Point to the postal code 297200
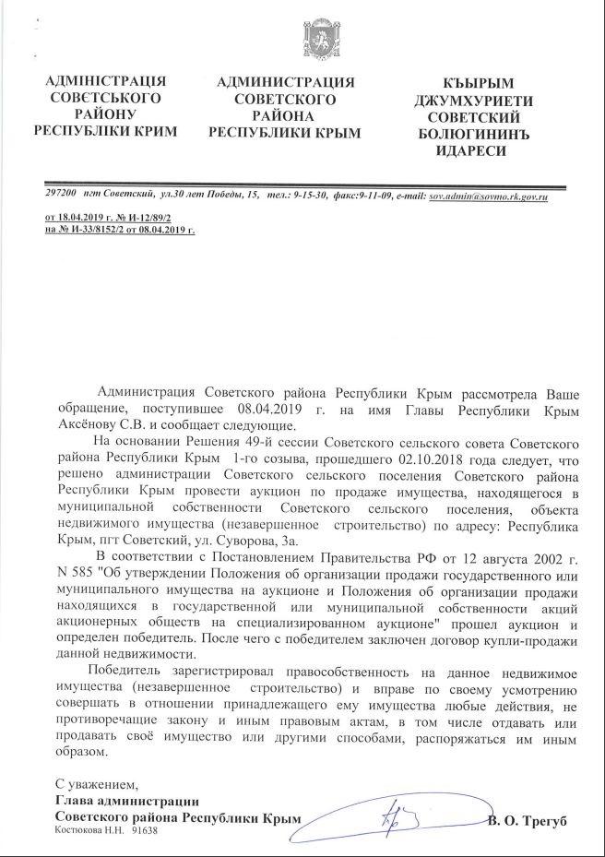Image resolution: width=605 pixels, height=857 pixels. [60, 197]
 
